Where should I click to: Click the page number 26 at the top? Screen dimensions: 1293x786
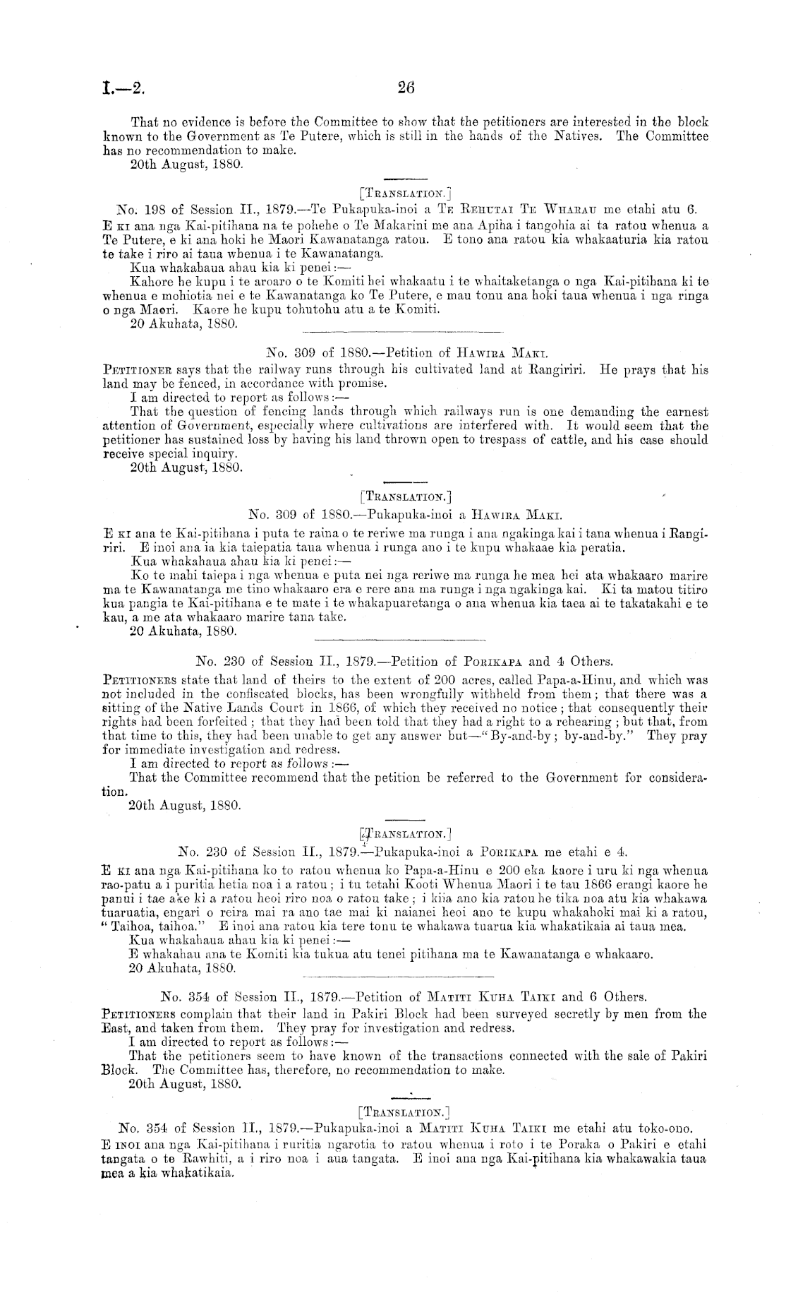pyautogui.click(x=406, y=88)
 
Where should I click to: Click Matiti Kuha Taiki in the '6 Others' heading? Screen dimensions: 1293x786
pyautogui.click(x=497, y=997)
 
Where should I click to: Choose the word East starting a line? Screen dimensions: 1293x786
pyautogui.click(x=114, y=1029)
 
